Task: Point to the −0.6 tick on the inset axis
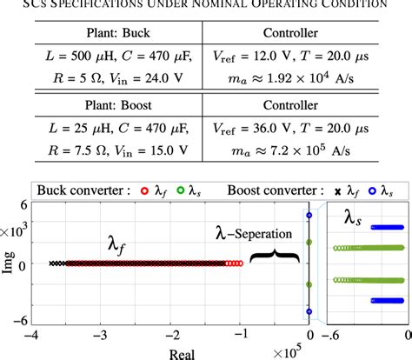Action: (x=330, y=333)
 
